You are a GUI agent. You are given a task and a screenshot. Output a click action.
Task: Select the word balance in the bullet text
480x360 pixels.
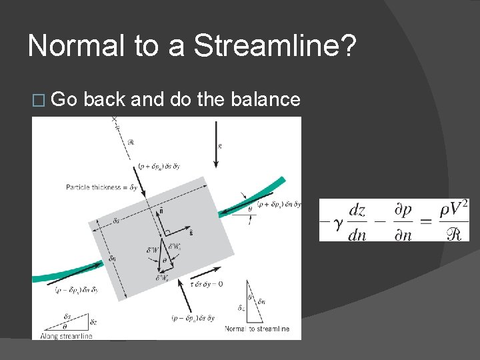point(265,99)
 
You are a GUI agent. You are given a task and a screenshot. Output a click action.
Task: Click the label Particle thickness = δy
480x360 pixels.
point(101,187)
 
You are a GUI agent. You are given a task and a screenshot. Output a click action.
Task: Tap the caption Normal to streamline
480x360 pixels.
point(257,329)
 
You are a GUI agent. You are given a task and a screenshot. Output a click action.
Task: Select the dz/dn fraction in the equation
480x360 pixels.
point(357,221)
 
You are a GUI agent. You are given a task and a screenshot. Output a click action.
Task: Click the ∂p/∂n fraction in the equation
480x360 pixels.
point(403,221)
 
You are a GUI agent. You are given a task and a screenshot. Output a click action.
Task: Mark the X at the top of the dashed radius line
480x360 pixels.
point(114,120)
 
